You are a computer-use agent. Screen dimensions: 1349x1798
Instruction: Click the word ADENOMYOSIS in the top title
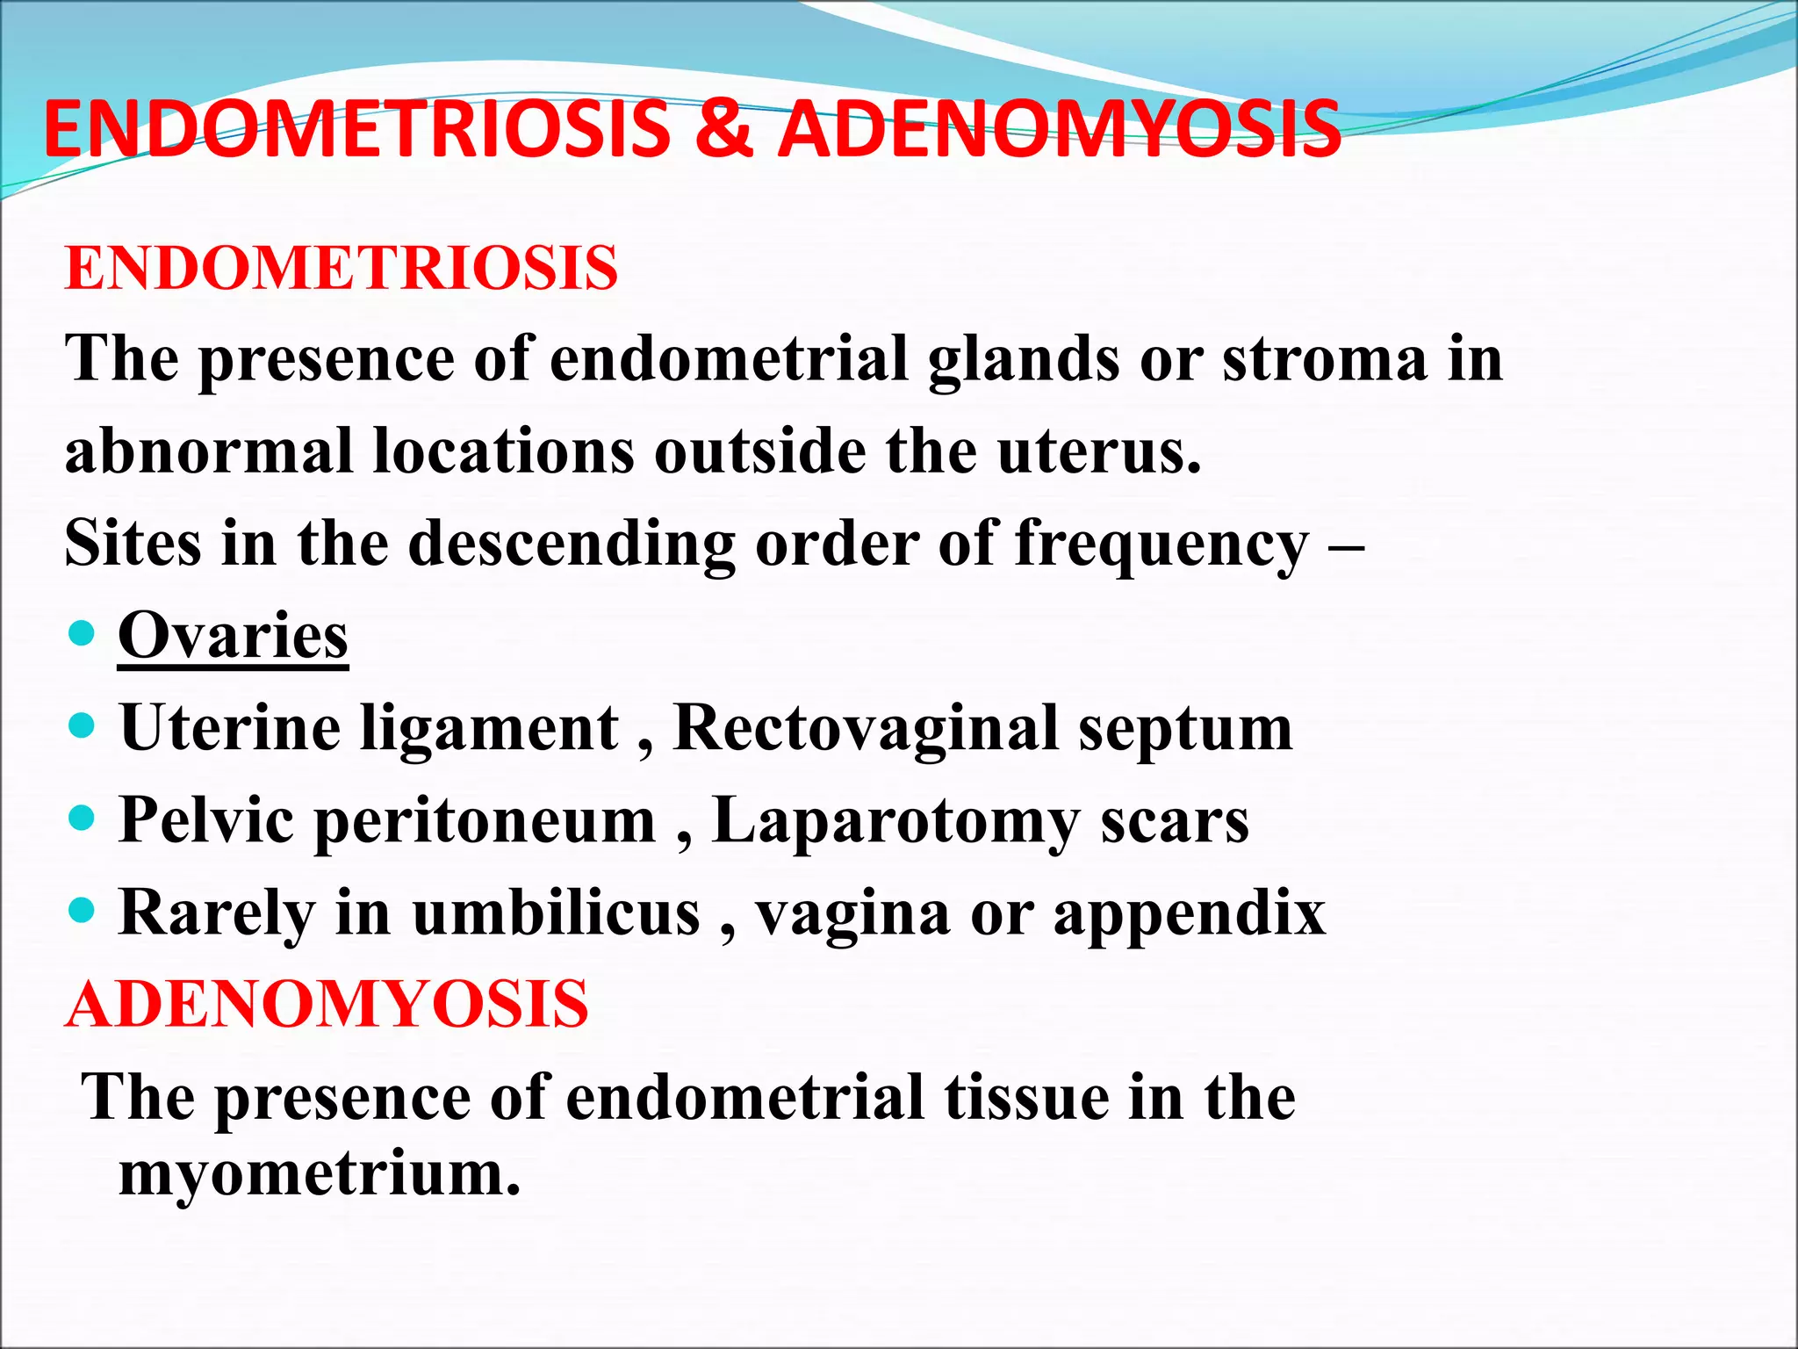pyautogui.click(x=1060, y=130)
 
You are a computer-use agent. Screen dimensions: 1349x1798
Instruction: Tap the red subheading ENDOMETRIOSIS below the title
pyautogui.click(x=342, y=268)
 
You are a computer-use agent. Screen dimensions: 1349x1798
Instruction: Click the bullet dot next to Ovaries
pyautogui.click(x=82, y=633)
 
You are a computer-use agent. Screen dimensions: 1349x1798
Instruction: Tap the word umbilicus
pyautogui.click(x=557, y=913)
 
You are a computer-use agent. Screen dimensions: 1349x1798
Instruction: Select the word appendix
pyautogui.click(x=1189, y=914)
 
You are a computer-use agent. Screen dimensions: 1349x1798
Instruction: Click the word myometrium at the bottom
pyautogui.click(x=320, y=1173)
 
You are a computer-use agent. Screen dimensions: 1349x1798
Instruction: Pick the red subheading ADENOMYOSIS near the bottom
pyautogui.click(x=327, y=1005)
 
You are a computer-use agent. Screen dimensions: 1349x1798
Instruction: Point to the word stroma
pyautogui.click(x=1325, y=360)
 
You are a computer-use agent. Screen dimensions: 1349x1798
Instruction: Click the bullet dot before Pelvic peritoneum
pyautogui.click(x=82, y=819)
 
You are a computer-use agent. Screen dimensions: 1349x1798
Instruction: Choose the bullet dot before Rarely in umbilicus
pyautogui.click(x=82, y=911)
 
